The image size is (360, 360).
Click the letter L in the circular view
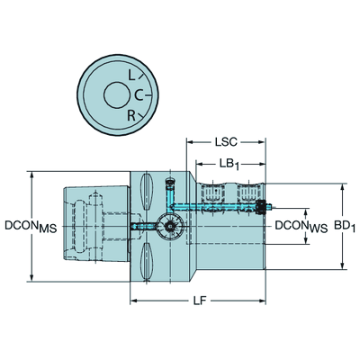click(131, 75)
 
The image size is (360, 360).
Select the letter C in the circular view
click(139, 95)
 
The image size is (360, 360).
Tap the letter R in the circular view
click(131, 115)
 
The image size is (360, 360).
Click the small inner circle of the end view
click(116, 95)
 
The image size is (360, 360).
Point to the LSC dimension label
click(226, 141)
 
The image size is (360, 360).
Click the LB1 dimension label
click(229, 165)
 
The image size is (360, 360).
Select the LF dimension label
click(200, 301)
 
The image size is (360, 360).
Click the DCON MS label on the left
click(31, 227)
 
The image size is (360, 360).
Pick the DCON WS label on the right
click(301, 227)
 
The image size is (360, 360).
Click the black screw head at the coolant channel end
click(262, 207)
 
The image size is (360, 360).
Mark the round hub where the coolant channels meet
click(170, 226)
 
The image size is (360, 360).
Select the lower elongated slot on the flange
click(147, 261)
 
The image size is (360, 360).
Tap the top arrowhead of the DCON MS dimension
click(31, 175)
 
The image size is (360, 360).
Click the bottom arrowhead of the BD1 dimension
click(342, 265)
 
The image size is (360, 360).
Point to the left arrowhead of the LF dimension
click(134, 301)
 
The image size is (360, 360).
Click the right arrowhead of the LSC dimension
click(262, 141)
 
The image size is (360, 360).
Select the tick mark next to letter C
click(148, 95)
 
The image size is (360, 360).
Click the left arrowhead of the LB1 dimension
click(200, 164)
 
